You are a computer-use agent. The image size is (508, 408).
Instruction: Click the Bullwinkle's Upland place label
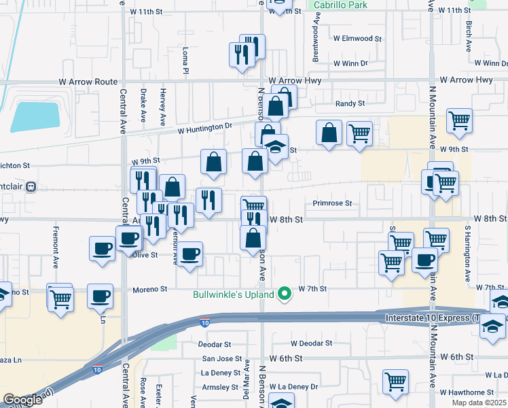[x=233, y=294]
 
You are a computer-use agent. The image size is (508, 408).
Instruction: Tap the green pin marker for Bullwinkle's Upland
[x=285, y=294]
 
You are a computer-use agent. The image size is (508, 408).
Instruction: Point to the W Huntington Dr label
[x=205, y=127]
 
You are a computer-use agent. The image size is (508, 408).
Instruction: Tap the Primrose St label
[x=332, y=203]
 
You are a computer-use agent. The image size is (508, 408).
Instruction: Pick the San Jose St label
[x=221, y=358]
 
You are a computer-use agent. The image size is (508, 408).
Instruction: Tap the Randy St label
[x=350, y=103]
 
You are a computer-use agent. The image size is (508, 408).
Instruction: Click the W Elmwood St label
[x=357, y=39]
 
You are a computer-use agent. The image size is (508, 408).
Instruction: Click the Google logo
[x=22, y=401]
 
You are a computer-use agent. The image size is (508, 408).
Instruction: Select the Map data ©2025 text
[x=479, y=403]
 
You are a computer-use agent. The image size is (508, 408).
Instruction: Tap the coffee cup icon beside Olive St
[x=190, y=254]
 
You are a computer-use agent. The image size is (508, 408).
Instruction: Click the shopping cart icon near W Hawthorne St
[x=395, y=382]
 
